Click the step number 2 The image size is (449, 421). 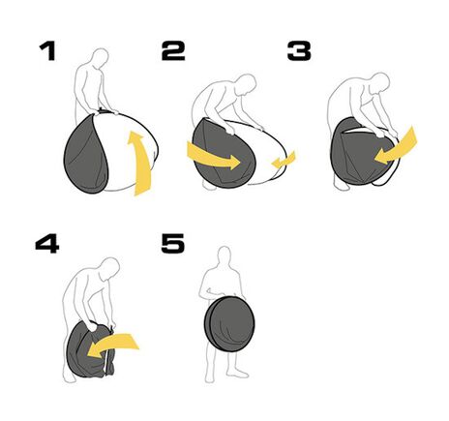tap(173, 51)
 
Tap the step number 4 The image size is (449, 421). tap(46, 243)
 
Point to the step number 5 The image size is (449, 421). tap(172, 243)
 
